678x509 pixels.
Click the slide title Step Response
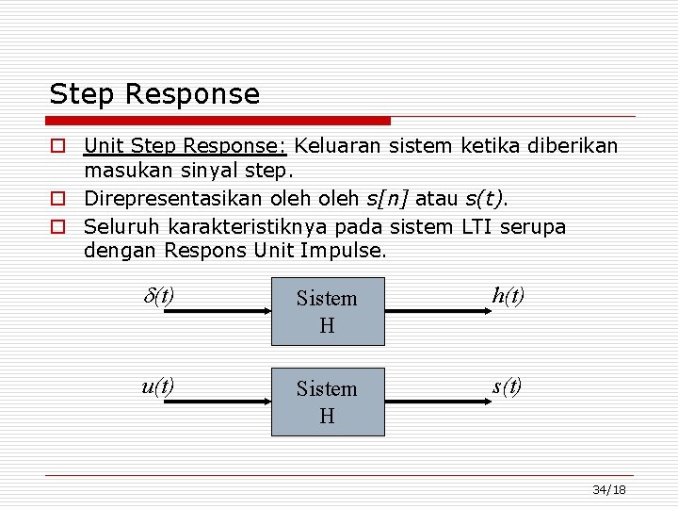(154, 94)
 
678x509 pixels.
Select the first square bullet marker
(58, 147)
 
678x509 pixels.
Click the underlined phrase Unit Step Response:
(186, 146)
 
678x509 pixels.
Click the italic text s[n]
(389, 199)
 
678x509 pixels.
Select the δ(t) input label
(158, 295)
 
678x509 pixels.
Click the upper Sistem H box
(328, 311)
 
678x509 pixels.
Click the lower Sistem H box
(328, 402)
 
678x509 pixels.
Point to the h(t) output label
(508, 295)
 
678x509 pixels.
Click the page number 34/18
(609, 490)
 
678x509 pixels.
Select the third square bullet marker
(58, 228)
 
